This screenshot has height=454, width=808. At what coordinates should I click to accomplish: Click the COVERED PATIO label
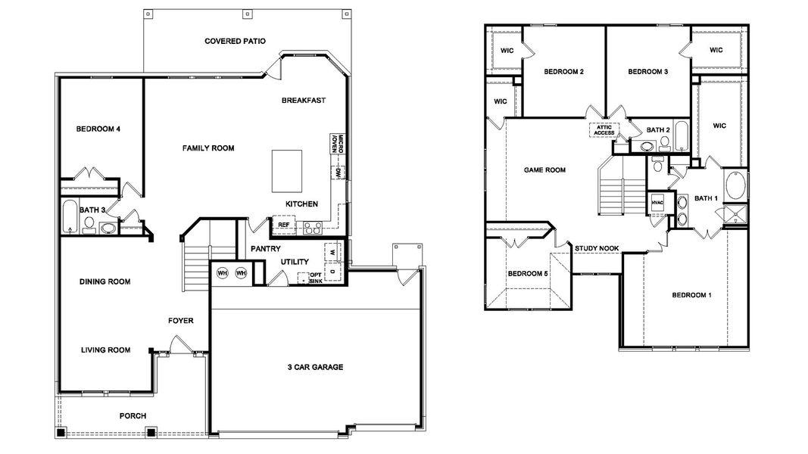click(x=235, y=41)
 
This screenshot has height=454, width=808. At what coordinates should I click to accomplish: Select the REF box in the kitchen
click(x=283, y=224)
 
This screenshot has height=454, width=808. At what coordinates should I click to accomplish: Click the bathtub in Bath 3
click(x=69, y=216)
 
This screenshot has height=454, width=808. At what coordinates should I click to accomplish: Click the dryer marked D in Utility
click(x=333, y=271)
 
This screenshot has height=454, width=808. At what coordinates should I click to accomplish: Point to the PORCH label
click(x=133, y=415)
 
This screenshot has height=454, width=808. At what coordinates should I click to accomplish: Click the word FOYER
click(x=180, y=321)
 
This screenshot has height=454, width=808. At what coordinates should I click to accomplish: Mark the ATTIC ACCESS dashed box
click(x=604, y=129)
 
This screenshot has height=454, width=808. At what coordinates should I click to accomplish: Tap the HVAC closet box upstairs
click(x=657, y=204)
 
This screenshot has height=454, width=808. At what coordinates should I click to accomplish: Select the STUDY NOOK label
click(x=597, y=248)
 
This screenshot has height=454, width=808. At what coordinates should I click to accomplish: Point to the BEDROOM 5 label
click(x=528, y=273)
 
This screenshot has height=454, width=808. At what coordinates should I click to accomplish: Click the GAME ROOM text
click(x=544, y=170)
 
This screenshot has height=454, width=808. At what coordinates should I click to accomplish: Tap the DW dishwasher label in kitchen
click(x=338, y=173)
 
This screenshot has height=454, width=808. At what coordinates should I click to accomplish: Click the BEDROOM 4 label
click(x=98, y=129)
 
